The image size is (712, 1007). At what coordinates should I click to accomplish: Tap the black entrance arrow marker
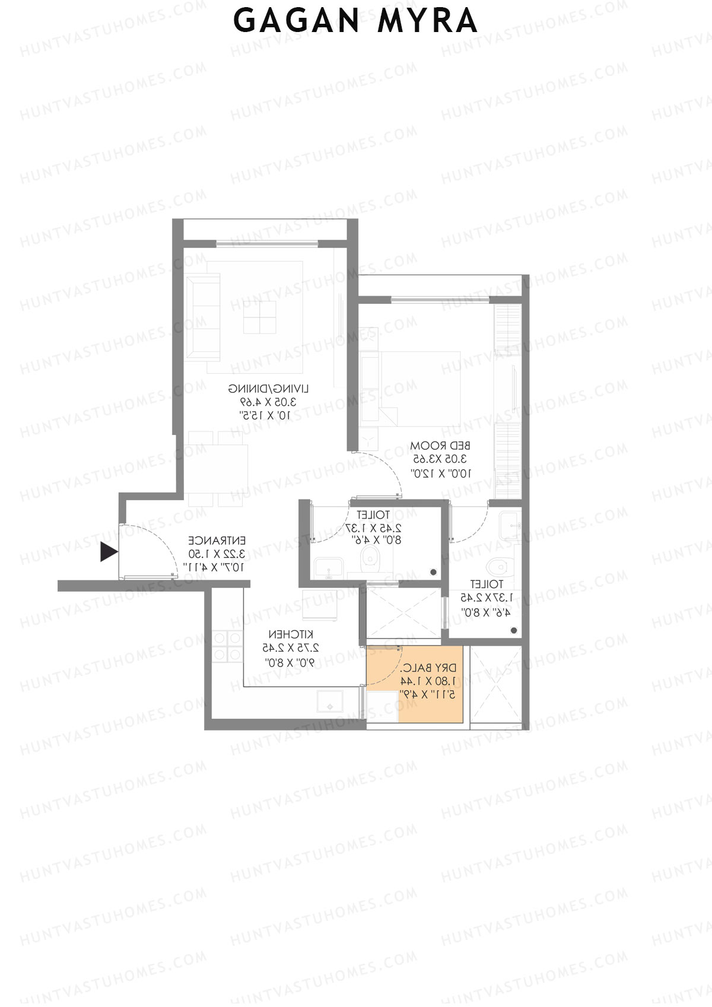(x=108, y=552)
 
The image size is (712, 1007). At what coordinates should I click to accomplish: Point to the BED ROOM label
(x=440, y=446)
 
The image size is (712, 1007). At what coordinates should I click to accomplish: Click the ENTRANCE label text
(x=217, y=541)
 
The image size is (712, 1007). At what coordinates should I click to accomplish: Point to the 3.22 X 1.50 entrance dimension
(x=217, y=554)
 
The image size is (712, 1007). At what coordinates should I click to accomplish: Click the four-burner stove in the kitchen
(x=227, y=646)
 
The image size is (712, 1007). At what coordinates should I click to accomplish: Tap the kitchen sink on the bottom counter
(x=329, y=701)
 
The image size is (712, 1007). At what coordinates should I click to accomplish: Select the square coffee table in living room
(x=259, y=317)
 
